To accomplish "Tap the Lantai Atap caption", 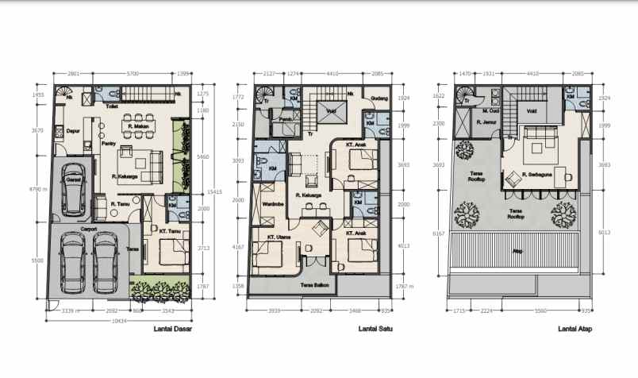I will (574, 328).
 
